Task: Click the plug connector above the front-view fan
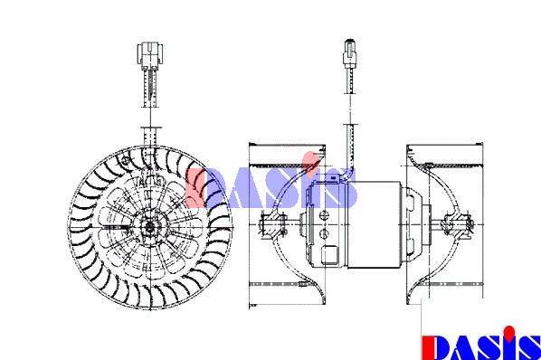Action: (x=150, y=54)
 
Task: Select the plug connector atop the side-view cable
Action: (x=350, y=52)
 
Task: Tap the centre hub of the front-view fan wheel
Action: (x=150, y=226)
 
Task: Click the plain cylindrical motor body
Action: (x=375, y=225)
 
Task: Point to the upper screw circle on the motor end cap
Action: (x=324, y=215)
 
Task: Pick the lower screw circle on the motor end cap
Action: (x=324, y=233)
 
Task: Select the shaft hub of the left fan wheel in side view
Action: (x=274, y=224)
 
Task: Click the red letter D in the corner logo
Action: (x=435, y=347)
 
